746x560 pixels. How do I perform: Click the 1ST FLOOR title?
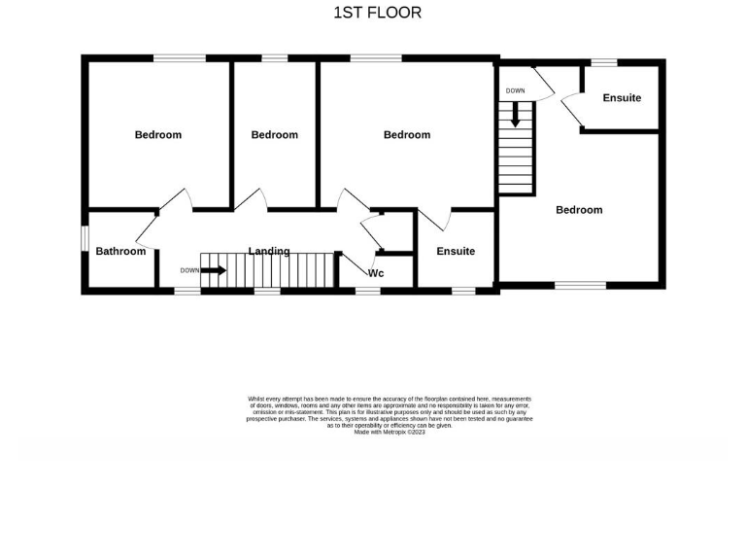pos(377,13)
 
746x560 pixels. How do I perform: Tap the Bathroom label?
pos(120,251)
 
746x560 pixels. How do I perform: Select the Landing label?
pos(269,251)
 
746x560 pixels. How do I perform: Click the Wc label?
pos(376,273)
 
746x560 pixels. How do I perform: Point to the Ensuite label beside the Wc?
pos(456,251)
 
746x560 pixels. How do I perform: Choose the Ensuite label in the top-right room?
pos(622,97)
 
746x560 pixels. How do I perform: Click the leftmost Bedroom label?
pos(157,134)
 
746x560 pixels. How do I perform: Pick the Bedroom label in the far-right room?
pos(579,209)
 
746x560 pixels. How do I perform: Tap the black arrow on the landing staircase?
pos(214,270)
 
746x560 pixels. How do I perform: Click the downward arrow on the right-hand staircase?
pos(516,115)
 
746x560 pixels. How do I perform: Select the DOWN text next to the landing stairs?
pos(189,270)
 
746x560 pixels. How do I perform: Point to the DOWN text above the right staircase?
pos(515,90)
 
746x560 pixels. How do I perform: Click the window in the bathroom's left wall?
pos(85,237)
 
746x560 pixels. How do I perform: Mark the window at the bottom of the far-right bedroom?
pos(580,285)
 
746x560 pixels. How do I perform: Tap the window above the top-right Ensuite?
pos(603,63)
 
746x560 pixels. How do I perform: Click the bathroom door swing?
pos(148,227)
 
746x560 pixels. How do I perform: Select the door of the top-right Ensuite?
pos(572,110)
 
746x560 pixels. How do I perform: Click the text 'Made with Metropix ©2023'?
pos(390,432)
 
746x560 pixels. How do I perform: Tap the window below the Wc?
pos(367,290)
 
